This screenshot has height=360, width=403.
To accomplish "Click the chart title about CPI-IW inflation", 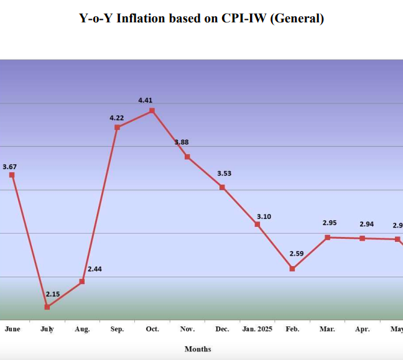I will [201, 19].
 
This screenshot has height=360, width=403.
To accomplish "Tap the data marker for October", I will [152, 111].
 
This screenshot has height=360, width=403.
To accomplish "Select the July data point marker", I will [47, 307].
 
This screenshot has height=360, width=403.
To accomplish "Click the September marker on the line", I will [117, 127].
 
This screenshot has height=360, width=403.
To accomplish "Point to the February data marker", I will [292, 269].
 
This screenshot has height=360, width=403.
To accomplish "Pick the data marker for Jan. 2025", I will [257, 224].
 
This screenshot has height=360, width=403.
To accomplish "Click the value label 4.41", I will [145, 100].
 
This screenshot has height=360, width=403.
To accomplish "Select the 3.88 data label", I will [182, 142].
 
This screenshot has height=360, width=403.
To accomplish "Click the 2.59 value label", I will [297, 253].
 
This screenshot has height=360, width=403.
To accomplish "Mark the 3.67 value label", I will [10, 167].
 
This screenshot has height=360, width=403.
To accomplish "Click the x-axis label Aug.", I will [81, 329].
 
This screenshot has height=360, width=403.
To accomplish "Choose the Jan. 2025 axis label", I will [257, 329].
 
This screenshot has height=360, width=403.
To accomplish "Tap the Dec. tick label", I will [222, 329].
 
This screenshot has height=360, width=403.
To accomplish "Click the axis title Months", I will [198, 349].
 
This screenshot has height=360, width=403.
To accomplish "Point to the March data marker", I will [327, 238].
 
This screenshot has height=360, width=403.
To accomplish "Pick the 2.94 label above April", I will [366, 224].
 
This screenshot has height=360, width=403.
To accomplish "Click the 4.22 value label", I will [117, 118].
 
